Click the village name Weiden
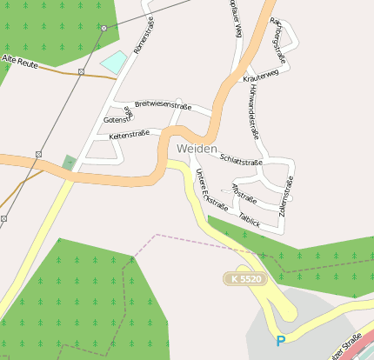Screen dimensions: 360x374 (x=197, y=149)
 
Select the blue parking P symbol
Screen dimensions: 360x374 (x=280, y=342)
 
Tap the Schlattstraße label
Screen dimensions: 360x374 (x=242, y=161)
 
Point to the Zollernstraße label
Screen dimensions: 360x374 (x=285, y=196)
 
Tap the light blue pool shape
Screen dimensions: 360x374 (x=113, y=63)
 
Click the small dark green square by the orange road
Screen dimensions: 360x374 (x=70, y=163)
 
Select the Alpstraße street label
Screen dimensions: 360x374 (x=244, y=192)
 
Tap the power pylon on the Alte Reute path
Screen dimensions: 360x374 (x=81, y=71)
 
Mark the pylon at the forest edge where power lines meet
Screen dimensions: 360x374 (x=104, y=28)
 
